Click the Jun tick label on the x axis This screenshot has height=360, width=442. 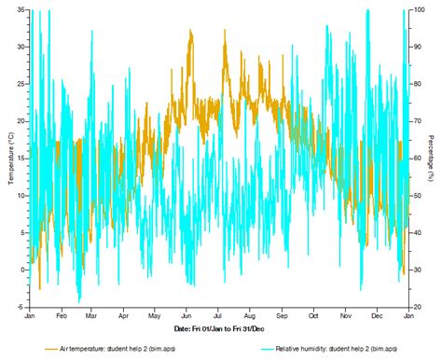pos(186,317)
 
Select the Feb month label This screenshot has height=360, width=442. pos(61,317)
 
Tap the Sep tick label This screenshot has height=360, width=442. pos(282,317)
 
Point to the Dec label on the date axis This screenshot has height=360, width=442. pos(377,317)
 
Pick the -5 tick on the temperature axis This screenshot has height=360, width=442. pos(21,307)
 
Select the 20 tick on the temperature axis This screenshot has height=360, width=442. pos(21,121)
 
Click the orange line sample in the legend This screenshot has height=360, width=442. pos(52,348)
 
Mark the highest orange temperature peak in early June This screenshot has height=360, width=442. pos(190,30)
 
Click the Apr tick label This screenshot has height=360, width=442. pos(123,317)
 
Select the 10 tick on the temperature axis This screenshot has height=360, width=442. pos(21,196)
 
